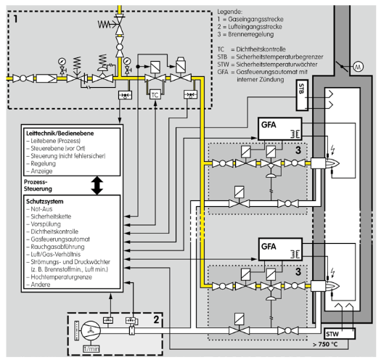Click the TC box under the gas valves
pos(155,94)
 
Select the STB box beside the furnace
pos(302,95)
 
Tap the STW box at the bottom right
pos(340,333)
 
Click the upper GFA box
pos(279,129)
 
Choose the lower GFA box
pos(279,250)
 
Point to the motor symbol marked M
pos(358,66)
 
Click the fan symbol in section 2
pos(91,330)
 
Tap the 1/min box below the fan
pos(91,349)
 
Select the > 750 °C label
pos(326,344)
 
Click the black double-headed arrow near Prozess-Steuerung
pos(97,185)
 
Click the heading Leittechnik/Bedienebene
pos(60,134)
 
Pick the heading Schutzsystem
pos(45,202)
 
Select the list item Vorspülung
pos(44,224)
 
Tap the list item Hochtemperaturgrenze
pos(59,277)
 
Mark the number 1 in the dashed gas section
pos(15,19)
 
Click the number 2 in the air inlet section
pos(156,319)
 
